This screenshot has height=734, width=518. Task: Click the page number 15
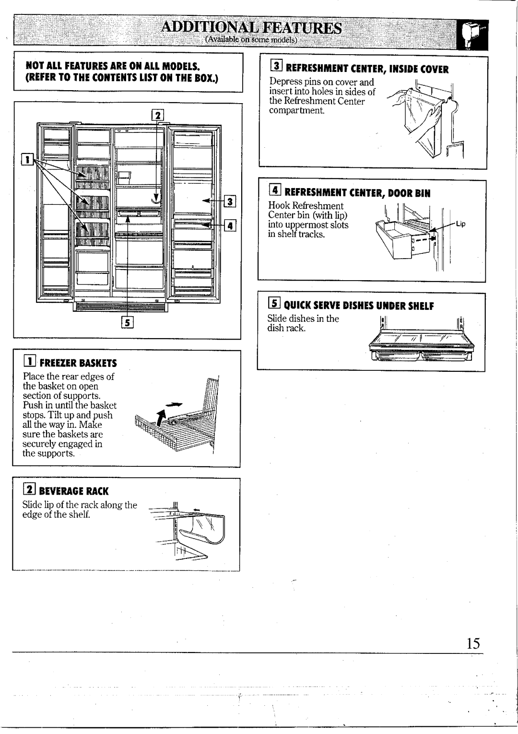point(472,643)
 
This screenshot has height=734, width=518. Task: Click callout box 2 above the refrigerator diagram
point(158,115)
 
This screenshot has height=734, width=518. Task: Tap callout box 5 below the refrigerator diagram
point(128,322)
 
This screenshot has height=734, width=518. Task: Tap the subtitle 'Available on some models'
point(252,40)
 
